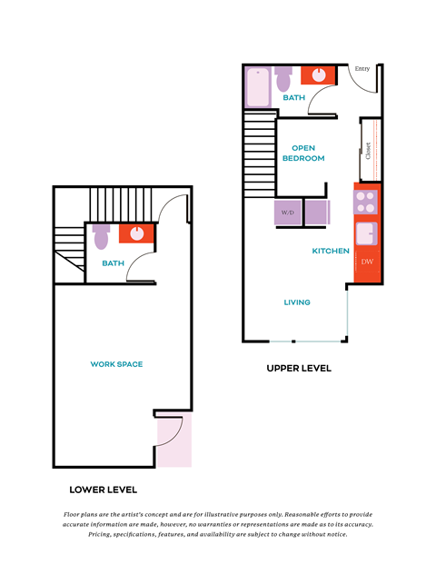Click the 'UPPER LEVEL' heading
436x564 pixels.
tap(299, 369)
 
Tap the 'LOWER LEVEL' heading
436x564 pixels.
tap(103, 490)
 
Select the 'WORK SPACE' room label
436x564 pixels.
tap(116, 364)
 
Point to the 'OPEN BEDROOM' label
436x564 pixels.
tap(303, 153)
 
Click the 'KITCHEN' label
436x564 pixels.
tap(331, 251)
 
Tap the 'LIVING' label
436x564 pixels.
tap(297, 302)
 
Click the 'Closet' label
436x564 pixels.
tap(368, 151)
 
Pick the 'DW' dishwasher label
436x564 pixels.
tap(367, 262)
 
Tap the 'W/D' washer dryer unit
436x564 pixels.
tap(288, 213)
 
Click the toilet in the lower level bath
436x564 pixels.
tap(101, 236)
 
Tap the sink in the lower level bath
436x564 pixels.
tap(137, 233)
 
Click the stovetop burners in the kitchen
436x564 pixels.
tap(366, 200)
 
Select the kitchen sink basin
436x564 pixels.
tap(366, 233)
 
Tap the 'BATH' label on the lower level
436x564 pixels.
tap(113, 263)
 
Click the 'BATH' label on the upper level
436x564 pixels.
tap(293, 97)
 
